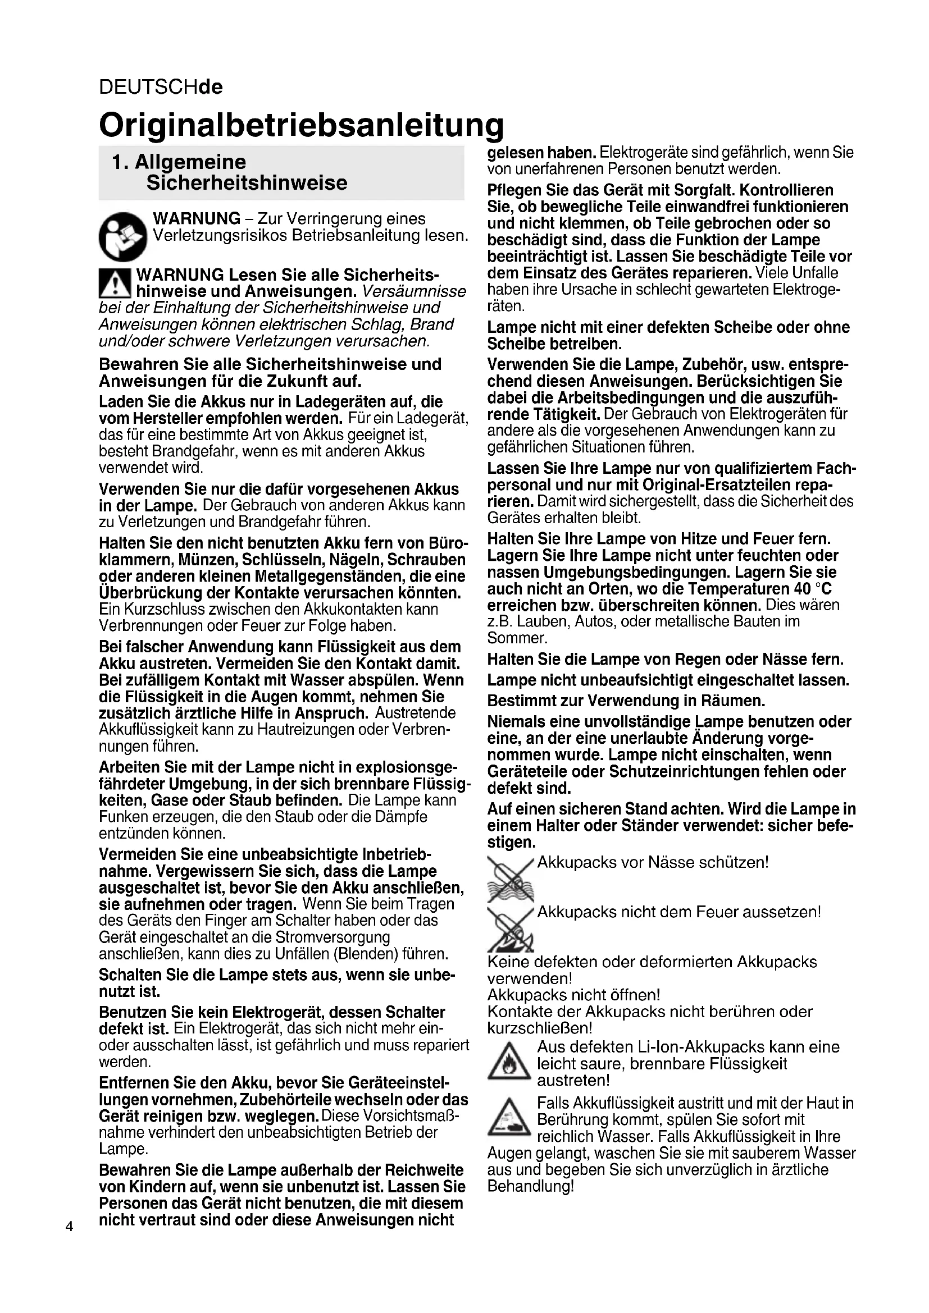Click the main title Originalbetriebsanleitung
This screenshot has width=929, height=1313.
click(x=301, y=125)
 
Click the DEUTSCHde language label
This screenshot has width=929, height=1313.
click(x=161, y=87)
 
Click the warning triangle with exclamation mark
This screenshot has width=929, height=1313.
click(x=115, y=284)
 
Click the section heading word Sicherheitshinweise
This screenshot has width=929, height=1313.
click(x=247, y=183)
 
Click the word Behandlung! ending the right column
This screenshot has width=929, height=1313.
click(x=530, y=1187)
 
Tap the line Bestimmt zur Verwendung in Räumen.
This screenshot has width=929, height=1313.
click(x=626, y=701)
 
